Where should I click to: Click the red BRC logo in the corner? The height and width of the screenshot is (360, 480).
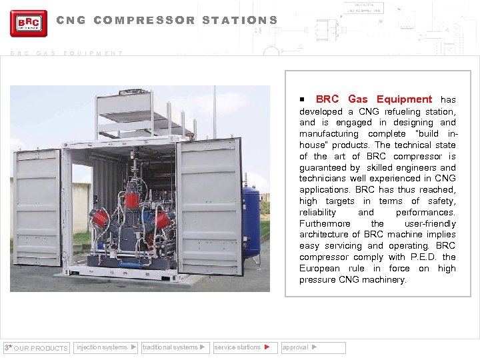coord(29,23)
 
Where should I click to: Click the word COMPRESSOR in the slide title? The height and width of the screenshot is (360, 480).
coord(145,20)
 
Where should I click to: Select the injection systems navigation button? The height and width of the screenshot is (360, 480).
coord(106,347)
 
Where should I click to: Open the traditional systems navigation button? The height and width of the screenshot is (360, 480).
coord(175,347)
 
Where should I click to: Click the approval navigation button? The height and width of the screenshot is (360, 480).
coord(313,347)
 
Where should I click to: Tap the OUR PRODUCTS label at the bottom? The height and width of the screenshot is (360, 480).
coord(40,348)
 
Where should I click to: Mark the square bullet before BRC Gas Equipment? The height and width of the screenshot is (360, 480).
coord(302,99)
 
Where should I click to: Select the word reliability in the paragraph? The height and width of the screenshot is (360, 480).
coord(318,212)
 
